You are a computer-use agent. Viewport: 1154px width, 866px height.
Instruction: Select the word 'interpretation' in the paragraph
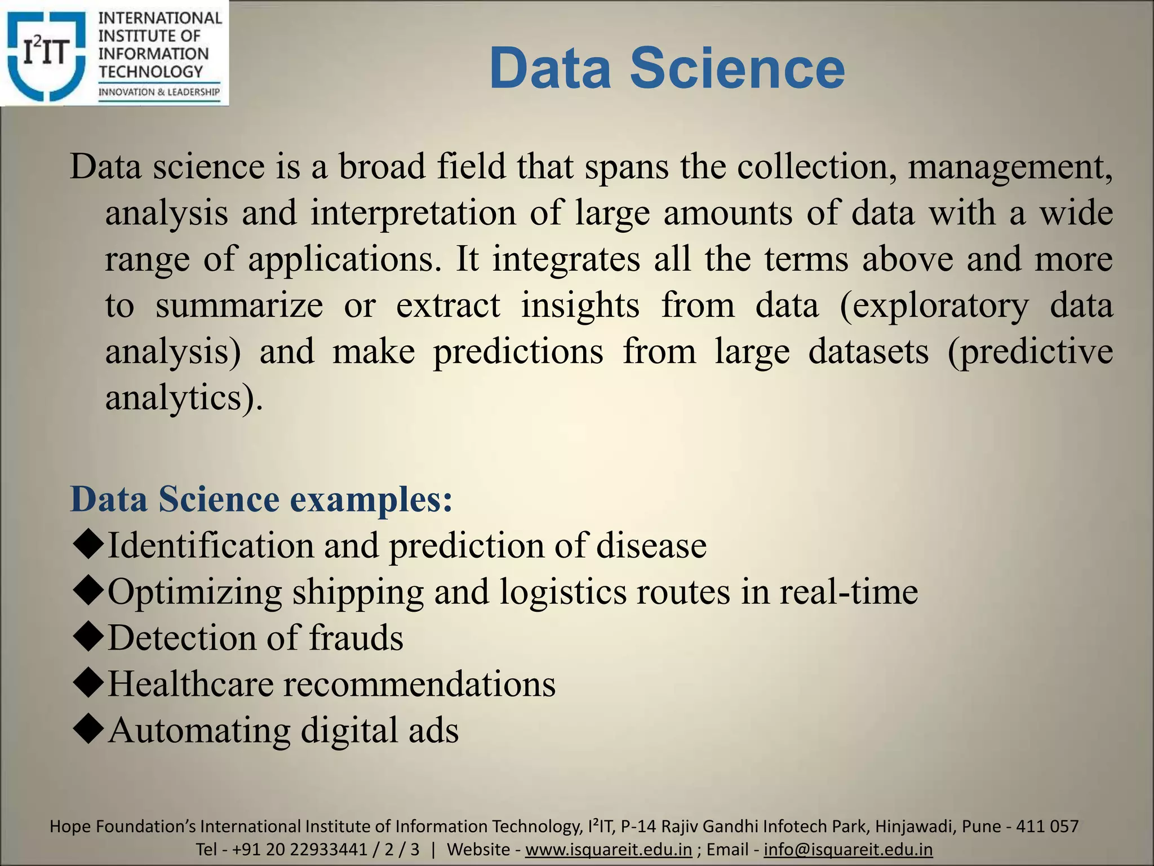click(413, 214)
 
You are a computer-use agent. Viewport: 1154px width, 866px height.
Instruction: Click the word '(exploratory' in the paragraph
click(934, 306)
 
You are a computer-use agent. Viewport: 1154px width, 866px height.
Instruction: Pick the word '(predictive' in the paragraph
click(1030, 352)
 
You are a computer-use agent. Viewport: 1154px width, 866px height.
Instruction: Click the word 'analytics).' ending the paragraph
click(184, 398)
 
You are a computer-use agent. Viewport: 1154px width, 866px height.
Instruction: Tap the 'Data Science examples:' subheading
click(261, 500)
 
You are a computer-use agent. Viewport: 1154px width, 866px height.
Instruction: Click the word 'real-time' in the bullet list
click(849, 591)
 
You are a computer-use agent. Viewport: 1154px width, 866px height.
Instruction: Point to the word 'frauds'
click(356, 638)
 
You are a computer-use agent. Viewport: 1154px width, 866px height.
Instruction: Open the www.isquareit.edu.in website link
click(608, 849)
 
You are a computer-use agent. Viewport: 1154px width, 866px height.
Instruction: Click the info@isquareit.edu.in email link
click(848, 849)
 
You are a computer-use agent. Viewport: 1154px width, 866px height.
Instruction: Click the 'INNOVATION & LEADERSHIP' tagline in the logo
click(159, 92)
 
